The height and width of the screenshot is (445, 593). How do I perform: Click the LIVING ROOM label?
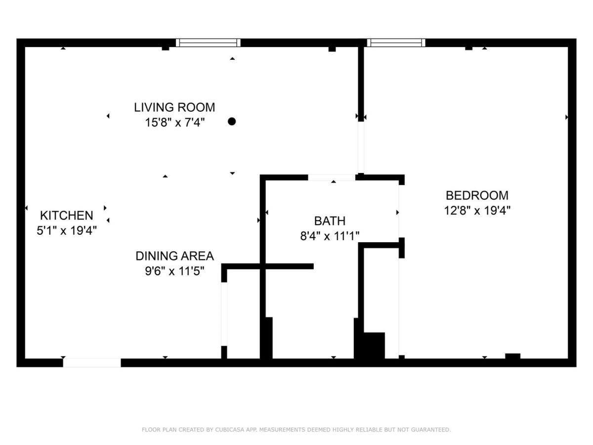point(174,107)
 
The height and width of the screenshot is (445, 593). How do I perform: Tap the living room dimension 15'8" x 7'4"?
point(174,123)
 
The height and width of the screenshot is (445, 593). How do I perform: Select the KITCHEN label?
point(66,216)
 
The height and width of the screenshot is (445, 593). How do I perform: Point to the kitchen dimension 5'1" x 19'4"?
point(66,230)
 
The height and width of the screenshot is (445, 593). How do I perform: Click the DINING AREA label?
point(174,256)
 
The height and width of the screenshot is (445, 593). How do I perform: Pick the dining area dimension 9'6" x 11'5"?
point(174,271)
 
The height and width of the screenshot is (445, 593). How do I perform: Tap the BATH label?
point(330,221)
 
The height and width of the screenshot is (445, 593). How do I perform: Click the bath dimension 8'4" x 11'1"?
point(330,236)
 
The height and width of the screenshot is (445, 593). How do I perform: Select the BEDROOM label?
point(477,195)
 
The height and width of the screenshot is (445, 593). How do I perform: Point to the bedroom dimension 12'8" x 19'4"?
point(477,210)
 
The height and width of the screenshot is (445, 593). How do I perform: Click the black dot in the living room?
point(232,121)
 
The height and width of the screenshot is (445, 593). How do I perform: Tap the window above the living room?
point(208,43)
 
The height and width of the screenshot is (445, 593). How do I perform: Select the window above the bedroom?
point(396,43)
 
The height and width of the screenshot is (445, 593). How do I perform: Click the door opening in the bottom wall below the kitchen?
point(92,362)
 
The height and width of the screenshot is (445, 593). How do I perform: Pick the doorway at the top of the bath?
point(332,178)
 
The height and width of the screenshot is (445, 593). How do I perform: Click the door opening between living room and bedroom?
point(361,147)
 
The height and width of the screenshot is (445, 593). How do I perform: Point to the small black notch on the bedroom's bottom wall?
point(513,356)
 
